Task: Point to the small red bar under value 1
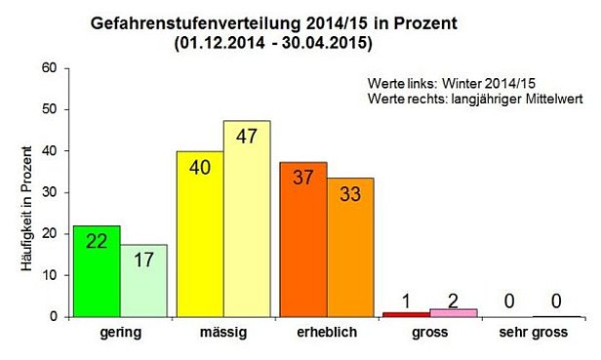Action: pos(405,314)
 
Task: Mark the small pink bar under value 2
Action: pos(452,312)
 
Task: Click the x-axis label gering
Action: pos(120,333)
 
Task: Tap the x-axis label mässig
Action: pos(222,333)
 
